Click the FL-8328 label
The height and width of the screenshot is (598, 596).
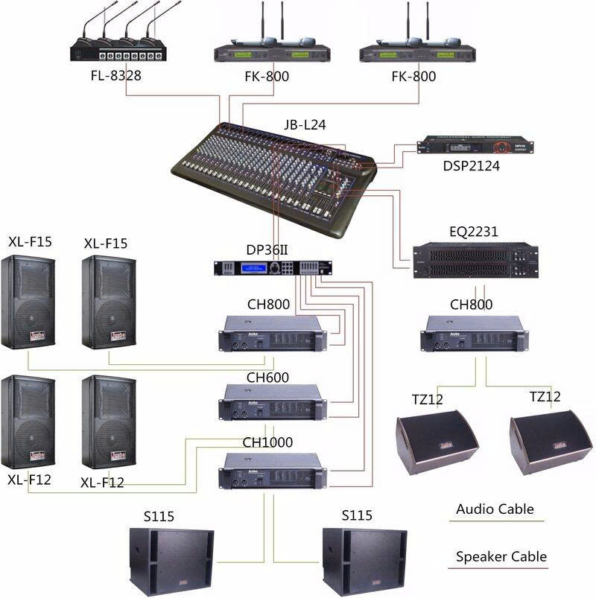pos(117,76)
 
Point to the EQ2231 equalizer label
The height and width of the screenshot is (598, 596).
pos(474,232)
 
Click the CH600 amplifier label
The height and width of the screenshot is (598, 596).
pos(268,378)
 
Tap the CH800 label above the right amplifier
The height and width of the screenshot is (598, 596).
pos(472,305)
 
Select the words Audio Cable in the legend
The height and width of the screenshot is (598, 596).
pos(495,509)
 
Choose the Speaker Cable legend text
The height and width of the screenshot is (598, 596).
pos(501,556)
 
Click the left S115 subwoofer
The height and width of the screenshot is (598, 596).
pos(171,559)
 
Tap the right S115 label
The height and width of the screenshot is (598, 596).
pos(357,516)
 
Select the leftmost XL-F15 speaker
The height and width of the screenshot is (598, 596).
pos(28,302)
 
